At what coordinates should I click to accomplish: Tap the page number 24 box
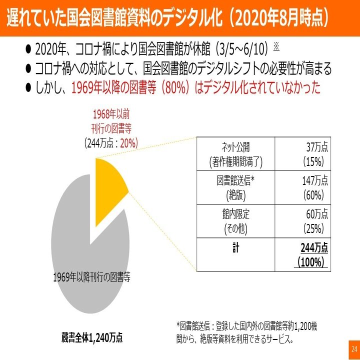click(353, 348)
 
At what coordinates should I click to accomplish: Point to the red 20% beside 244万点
click(128, 143)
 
